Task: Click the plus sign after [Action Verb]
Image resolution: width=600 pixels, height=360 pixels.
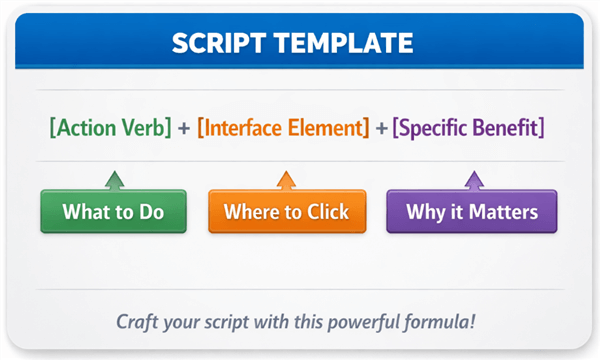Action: (x=185, y=129)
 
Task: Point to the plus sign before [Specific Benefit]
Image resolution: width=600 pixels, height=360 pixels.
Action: (x=383, y=129)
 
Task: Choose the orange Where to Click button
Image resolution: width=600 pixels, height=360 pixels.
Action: (x=286, y=211)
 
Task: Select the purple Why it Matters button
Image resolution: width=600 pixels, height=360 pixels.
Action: (x=472, y=211)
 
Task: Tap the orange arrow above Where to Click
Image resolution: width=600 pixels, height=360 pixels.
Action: (x=286, y=180)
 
